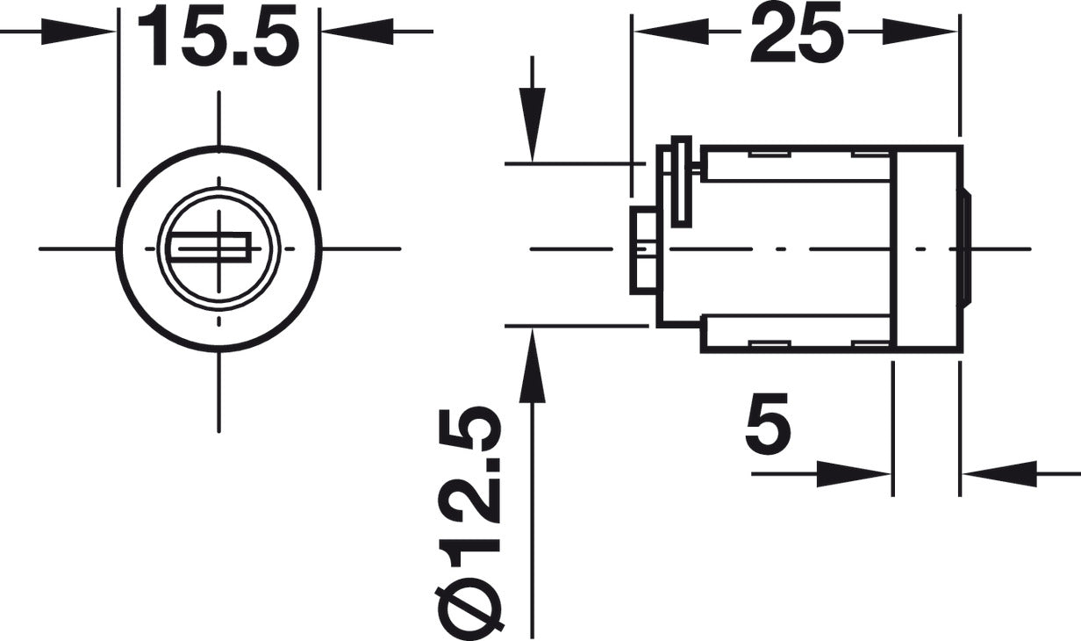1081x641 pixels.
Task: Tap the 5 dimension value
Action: pos(769,421)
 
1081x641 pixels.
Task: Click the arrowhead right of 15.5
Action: pos(358,32)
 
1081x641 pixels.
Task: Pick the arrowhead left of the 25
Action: pos(671,32)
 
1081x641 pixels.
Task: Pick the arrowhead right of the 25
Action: pos(920,32)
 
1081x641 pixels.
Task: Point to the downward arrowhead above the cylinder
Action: pos(533,124)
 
